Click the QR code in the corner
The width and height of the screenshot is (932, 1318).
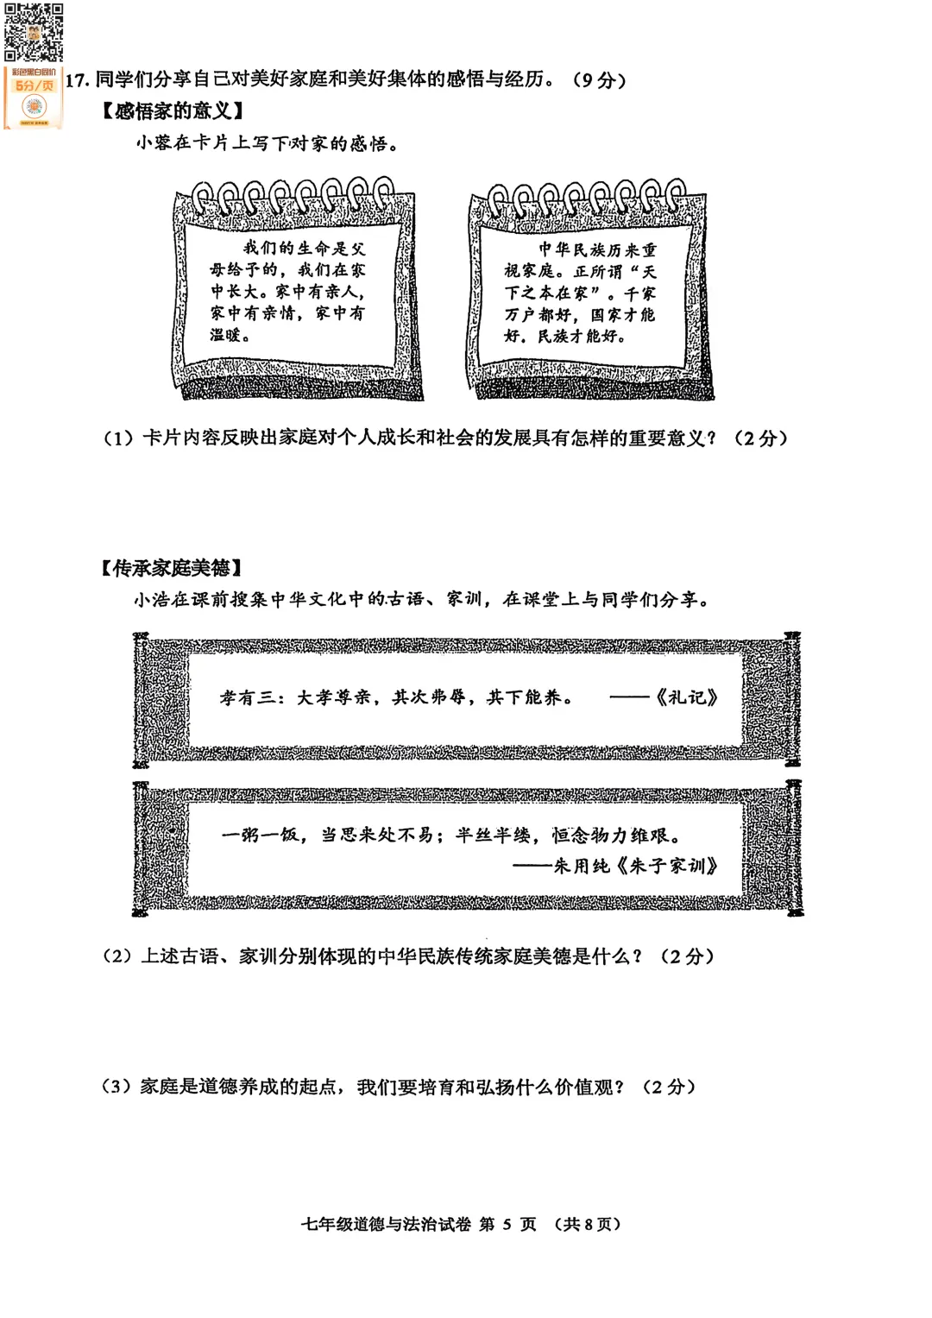point(33,33)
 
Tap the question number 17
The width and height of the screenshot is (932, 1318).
point(77,81)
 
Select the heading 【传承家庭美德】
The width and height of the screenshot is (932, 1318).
point(171,568)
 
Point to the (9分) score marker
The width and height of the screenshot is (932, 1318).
point(599,80)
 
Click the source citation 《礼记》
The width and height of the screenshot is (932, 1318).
point(685,697)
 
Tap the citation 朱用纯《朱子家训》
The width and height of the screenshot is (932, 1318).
point(635,866)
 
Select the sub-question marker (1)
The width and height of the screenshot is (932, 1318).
point(118,438)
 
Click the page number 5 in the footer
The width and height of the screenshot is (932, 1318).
point(507,1224)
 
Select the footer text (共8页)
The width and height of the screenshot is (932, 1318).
point(588,1224)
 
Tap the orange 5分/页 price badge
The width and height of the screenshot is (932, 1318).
point(34,86)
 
